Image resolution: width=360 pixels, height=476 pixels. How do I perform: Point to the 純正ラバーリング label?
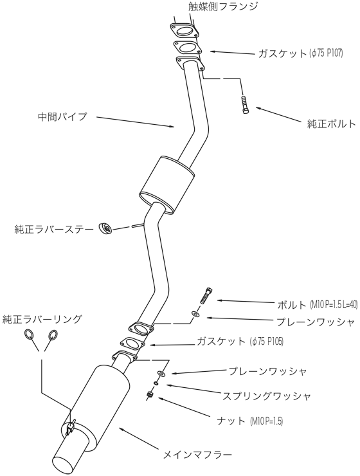point(41,319)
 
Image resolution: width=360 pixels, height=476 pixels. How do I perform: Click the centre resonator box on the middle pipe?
point(165,183)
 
